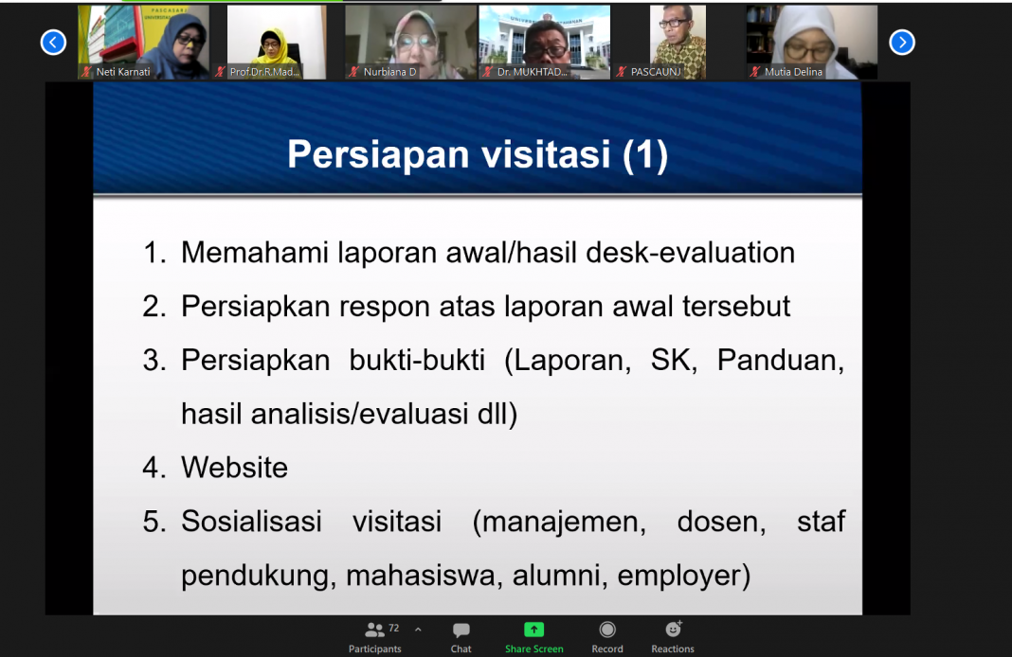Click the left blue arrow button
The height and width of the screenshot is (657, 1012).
[53, 43]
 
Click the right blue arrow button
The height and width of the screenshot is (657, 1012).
[902, 43]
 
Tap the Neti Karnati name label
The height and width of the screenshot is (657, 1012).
[122, 72]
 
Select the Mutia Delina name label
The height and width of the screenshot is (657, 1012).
[793, 72]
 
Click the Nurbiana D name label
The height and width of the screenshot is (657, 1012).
[389, 72]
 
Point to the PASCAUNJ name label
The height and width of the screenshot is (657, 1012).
[655, 72]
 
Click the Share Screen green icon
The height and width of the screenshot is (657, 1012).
[533, 630]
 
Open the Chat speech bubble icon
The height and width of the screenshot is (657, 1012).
[461, 630]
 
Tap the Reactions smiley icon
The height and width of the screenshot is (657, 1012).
[673, 629]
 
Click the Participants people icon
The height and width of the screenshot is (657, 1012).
[374, 630]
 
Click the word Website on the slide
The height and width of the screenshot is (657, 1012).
[234, 468]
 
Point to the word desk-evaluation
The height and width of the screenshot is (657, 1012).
[690, 253]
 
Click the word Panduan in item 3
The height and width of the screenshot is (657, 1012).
[781, 361]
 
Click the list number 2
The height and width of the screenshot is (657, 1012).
[154, 307]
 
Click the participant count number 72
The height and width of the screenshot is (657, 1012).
[393, 628]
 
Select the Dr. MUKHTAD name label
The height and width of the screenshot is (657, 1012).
[532, 72]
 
